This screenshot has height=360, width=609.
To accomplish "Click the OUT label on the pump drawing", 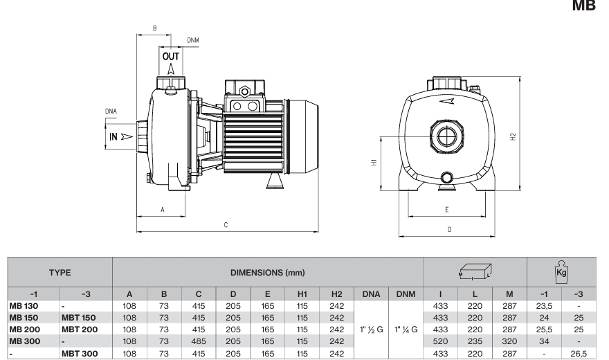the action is pyautogui.click(x=170, y=57).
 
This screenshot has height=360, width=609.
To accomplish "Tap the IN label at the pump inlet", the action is pyautogui.click(x=113, y=136).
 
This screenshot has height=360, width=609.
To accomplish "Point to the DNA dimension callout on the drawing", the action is pyautogui.click(x=111, y=111).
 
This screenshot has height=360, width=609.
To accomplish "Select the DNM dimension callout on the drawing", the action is pyautogui.click(x=192, y=40).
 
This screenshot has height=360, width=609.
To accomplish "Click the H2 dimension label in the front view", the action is pyautogui.click(x=513, y=136).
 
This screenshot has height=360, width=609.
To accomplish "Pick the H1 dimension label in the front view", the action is pyautogui.click(x=374, y=162).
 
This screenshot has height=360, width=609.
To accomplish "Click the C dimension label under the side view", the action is pyautogui.click(x=226, y=225).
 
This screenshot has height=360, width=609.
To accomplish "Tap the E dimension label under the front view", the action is pyautogui.click(x=446, y=210).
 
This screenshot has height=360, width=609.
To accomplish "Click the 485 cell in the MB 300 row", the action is pyautogui.click(x=199, y=341).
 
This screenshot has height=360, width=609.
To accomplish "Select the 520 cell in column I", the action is pyautogui.click(x=440, y=341).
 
